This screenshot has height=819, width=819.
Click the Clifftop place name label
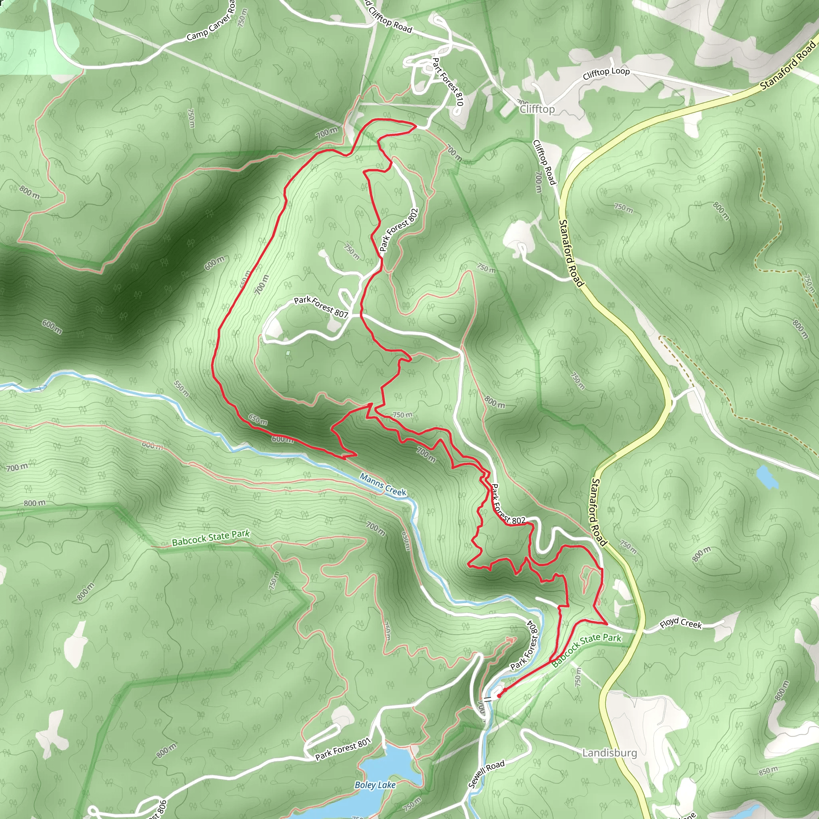pos(537,109)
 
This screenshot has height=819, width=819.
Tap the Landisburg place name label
pos(609,753)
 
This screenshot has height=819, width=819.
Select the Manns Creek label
pos(383,484)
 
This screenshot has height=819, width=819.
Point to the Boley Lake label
pos(375,785)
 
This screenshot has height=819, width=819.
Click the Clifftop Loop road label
pos(606,73)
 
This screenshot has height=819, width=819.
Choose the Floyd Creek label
pos(680,623)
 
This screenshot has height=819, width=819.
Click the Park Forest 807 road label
pos(320,306)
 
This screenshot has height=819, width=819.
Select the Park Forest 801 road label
pos(343,749)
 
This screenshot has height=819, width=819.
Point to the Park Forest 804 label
pos(524,647)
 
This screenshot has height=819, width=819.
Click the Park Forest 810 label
pos(447,82)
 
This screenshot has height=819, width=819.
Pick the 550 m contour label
pos(182,388)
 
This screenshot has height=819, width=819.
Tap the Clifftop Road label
pos(544,162)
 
